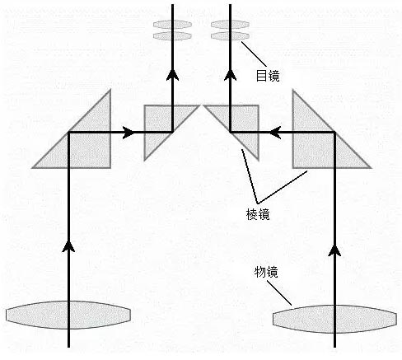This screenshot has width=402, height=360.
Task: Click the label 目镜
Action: click(268, 76)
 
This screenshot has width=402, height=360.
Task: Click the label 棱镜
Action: click(258, 214)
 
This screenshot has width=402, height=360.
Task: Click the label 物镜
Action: click(266, 272)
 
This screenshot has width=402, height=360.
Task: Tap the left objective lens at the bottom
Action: click(68, 315)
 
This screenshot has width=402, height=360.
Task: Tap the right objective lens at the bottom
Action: click(334, 319)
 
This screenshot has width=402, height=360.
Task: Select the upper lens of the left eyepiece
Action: click(172, 25)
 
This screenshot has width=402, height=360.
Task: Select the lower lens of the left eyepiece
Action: click(172, 36)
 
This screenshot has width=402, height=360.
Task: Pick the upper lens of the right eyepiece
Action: click(230, 25)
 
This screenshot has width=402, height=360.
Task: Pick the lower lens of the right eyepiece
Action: click(230, 36)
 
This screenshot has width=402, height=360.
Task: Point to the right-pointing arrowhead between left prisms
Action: click(129, 133)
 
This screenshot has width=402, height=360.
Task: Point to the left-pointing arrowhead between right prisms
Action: click(275, 133)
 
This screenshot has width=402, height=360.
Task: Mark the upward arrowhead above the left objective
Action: click(68, 246)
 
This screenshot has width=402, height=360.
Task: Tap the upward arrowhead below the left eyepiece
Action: click(172, 75)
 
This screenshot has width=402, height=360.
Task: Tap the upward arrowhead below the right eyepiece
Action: click(230, 75)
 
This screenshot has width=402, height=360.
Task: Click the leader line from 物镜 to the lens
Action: click(279, 293)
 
